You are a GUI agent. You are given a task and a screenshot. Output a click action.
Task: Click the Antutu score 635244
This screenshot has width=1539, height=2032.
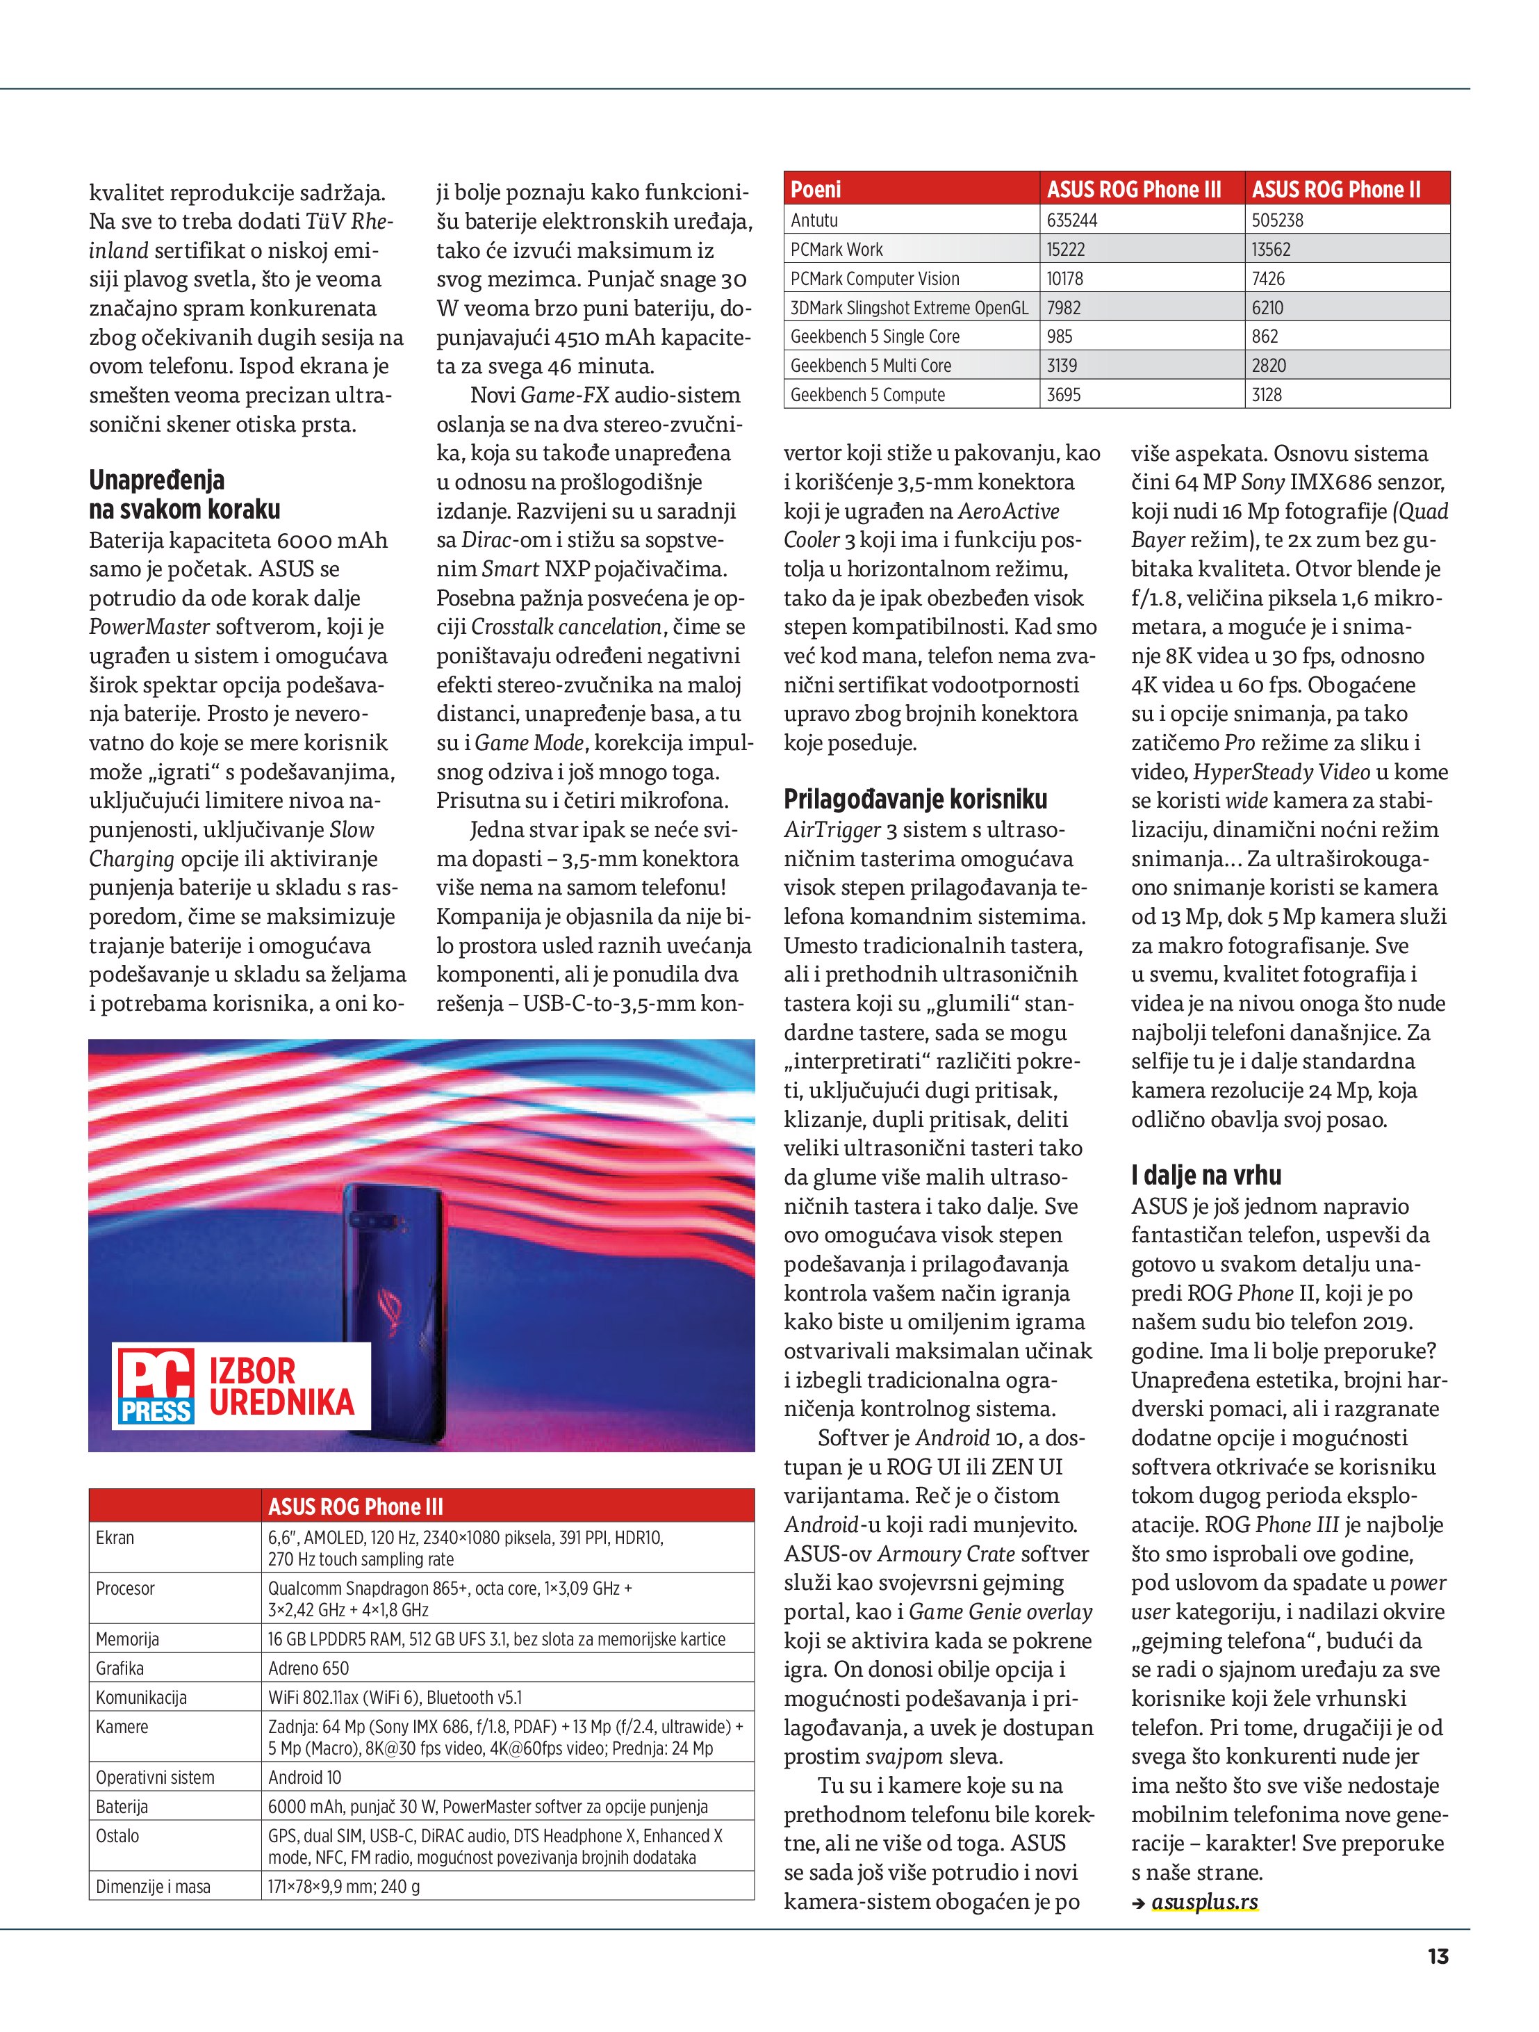1071,220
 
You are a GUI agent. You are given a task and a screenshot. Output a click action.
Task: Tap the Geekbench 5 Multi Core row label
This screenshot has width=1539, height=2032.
871,366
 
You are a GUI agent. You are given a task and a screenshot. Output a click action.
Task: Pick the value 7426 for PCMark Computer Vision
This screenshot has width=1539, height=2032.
1268,278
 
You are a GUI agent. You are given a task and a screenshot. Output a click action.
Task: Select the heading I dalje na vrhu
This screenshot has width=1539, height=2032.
1205,1175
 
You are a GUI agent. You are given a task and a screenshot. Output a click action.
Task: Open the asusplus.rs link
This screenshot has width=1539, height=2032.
1204,1901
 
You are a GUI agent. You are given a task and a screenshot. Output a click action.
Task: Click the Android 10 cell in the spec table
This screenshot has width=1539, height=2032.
304,1777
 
